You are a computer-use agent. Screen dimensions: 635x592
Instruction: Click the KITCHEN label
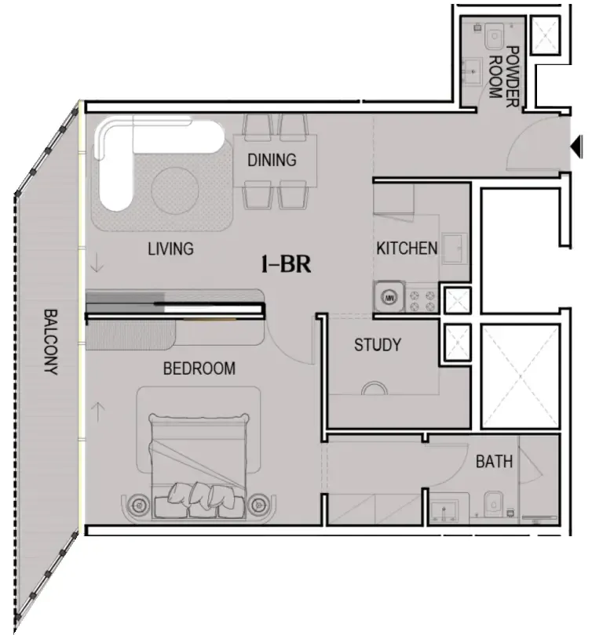click(407, 249)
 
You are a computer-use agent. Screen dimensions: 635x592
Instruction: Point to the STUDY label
click(378, 345)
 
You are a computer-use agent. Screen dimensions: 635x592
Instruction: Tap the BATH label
click(494, 462)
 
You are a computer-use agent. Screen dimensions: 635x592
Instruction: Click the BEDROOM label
click(199, 368)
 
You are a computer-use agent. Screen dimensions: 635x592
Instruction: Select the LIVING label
click(170, 249)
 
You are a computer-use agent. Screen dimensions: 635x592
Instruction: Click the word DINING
click(272, 161)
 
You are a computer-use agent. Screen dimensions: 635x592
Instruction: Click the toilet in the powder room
click(495, 35)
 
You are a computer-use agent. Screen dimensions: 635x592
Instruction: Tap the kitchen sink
click(454, 250)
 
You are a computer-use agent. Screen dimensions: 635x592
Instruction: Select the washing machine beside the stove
click(388, 298)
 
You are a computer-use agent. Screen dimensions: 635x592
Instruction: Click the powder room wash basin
click(472, 73)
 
